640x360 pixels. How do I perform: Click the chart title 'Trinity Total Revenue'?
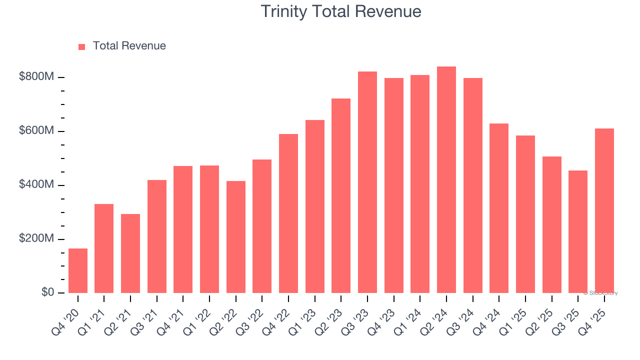341,11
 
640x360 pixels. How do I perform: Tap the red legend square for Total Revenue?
82,46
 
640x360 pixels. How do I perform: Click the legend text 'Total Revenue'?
129,46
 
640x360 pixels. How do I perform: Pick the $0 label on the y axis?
47,292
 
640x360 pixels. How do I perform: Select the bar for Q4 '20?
78,270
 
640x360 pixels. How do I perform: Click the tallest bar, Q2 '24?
446,180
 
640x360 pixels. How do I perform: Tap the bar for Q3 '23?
367,182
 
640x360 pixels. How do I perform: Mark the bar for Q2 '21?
130,253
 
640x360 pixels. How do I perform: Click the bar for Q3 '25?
578,232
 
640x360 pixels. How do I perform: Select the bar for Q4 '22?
288,213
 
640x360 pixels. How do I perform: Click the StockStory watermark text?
600,293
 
